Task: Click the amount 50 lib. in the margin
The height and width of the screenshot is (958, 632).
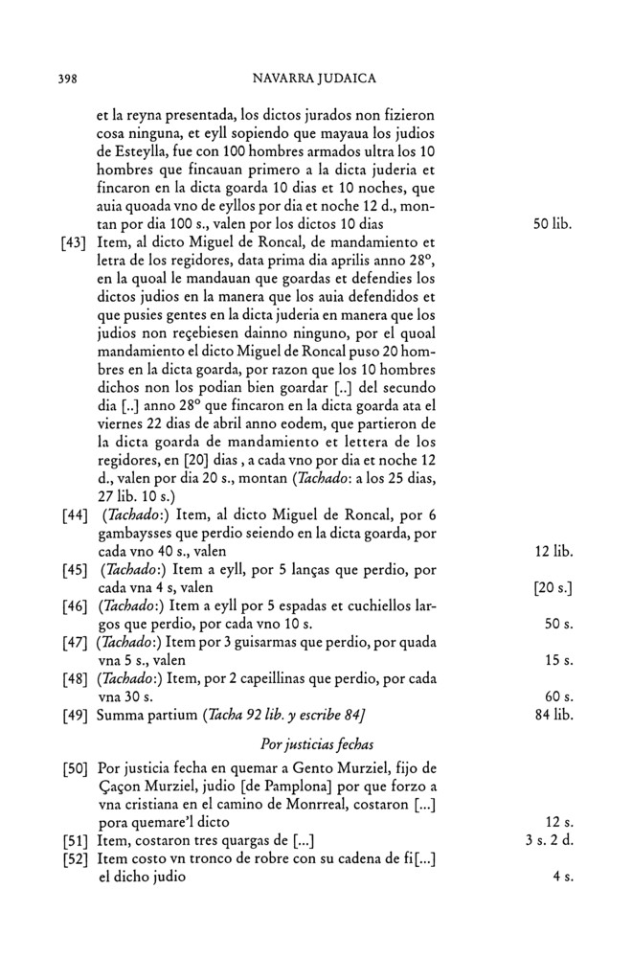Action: [x=552, y=224]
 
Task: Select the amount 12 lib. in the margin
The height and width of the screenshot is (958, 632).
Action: [x=552, y=553]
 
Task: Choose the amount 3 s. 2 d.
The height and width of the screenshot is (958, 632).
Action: [x=547, y=842]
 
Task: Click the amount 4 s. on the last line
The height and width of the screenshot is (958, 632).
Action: [x=561, y=878]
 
